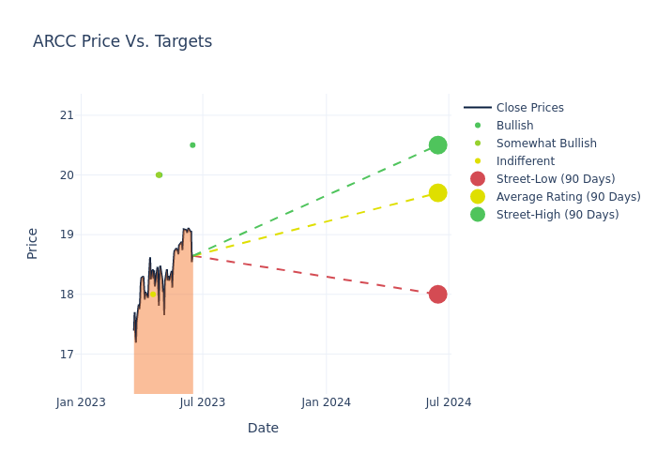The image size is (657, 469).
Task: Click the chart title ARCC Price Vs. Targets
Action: pos(122,41)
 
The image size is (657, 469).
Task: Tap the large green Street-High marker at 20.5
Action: pos(437,145)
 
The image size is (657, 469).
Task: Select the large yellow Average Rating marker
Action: pos(437,192)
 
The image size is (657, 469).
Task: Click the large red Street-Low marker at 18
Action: pos(437,295)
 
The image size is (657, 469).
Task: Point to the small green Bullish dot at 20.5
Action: pos(192,145)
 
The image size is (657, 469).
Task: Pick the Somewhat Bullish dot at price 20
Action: pos(159,174)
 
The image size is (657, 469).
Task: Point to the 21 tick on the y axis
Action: pos(66,115)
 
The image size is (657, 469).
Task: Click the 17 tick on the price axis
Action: pos(66,354)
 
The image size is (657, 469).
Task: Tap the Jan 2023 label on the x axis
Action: pos(81,402)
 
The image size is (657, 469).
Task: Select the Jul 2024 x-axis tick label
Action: pos(449,402)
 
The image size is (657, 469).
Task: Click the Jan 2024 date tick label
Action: pos(326,402)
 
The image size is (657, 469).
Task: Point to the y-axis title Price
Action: pos(33,243)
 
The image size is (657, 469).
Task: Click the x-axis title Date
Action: pos(263,428)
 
